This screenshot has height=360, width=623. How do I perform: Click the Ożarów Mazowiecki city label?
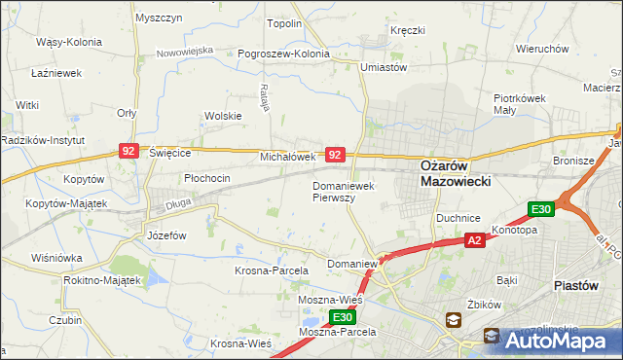(455, 172)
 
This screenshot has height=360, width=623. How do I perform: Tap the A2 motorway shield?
(474, 240)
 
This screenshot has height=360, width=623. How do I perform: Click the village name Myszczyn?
(160, 18)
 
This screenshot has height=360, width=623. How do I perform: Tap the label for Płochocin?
(207, 178)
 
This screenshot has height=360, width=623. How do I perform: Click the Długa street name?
(176, 204)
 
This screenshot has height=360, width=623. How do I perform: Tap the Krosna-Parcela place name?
(272, 270)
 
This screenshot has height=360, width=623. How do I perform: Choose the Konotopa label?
(515, 231)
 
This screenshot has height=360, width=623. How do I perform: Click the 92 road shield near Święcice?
(128, 151)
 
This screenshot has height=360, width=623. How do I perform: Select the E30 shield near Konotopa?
(541, 209)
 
